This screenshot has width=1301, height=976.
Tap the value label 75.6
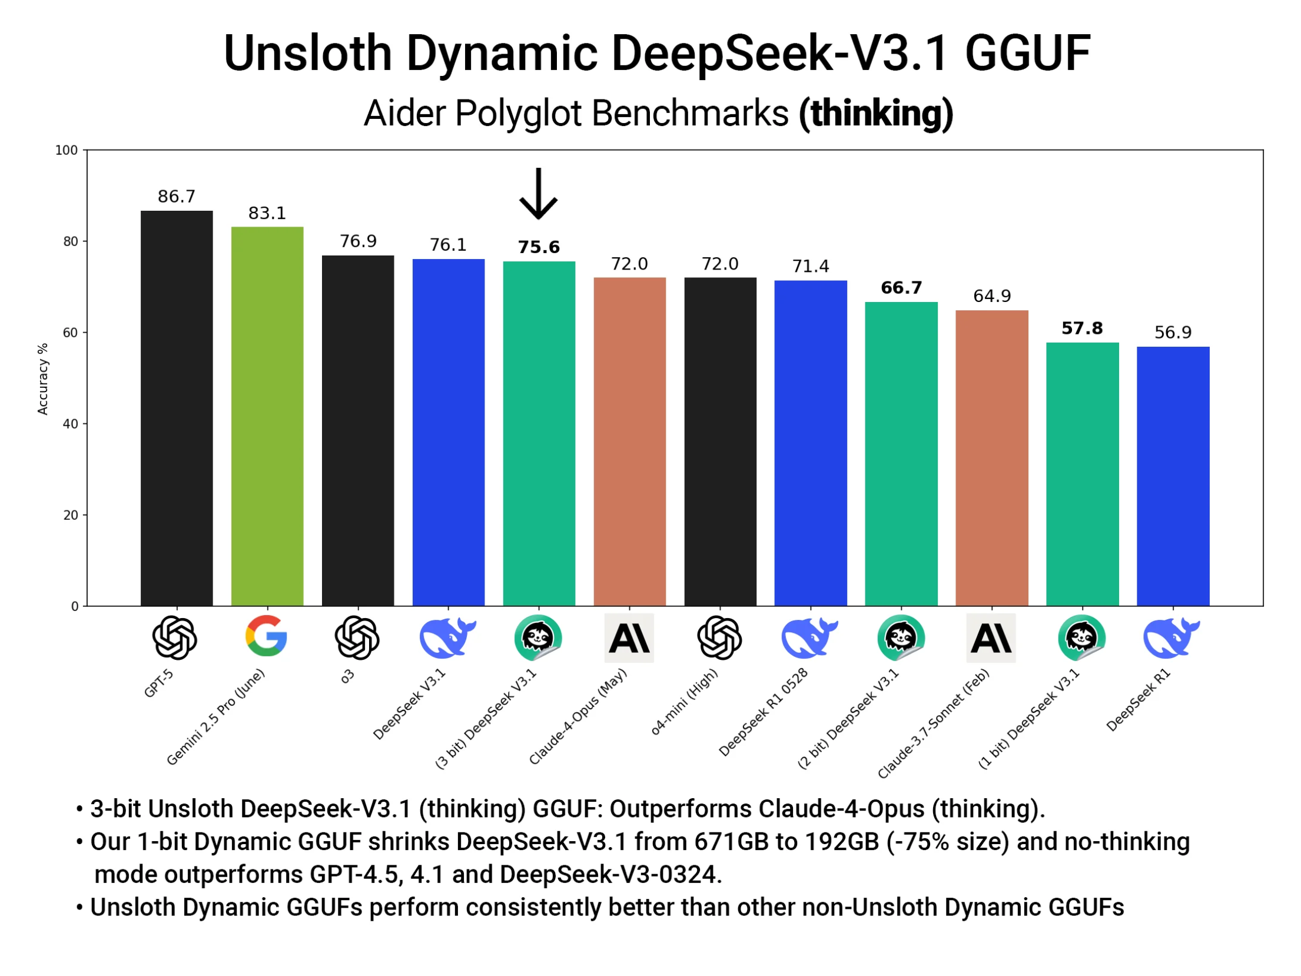(539, 247)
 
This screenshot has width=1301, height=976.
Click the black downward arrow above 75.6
(538, 194)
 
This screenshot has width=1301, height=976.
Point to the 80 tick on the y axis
(71, 241)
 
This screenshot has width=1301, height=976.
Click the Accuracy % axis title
(42, 379)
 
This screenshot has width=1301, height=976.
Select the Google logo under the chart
(267, 636)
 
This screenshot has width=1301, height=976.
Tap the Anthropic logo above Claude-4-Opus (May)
(629, 638)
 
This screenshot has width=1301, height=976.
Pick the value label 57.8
(1081, 328)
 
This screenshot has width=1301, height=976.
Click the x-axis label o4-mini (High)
(684, 702)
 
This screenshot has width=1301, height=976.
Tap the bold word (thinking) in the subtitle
(875, 113)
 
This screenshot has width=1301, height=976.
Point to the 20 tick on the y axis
(71, 515)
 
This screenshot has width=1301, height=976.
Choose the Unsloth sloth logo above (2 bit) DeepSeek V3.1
(901, 638)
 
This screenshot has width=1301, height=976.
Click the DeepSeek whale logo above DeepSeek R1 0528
(809, 638)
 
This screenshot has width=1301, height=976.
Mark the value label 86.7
(177, 196)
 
